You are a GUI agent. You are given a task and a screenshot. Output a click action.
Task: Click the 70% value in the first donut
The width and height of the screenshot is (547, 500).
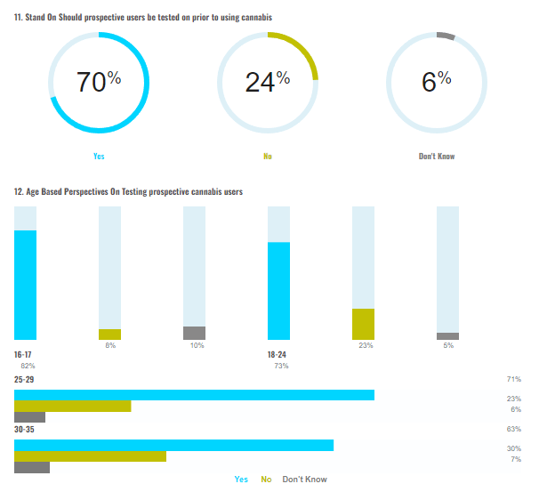(98, 82)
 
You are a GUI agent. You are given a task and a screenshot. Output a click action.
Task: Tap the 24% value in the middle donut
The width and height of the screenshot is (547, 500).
(267, 82)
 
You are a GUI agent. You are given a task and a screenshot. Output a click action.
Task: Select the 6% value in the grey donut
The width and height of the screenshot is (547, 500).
(436, 82)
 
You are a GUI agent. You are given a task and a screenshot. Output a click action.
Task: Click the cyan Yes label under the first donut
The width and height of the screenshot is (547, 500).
(99, 157)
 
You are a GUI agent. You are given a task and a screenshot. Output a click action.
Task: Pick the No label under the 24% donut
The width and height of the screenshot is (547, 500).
(267, 157)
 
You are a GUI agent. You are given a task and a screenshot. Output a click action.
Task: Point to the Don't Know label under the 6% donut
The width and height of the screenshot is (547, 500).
(437, 157)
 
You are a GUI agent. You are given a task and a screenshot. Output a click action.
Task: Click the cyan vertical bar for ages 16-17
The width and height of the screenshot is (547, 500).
(26, 285)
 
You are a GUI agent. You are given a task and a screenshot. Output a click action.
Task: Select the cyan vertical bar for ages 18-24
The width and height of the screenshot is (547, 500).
(279, 291)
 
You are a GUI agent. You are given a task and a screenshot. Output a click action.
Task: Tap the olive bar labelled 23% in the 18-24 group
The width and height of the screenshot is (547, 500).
(364, 324)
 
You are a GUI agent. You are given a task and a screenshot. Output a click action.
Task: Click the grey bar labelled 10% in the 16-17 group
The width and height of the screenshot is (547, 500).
(194, 333)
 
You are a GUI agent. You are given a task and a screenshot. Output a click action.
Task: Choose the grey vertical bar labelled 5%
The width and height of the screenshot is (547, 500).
(448, 336)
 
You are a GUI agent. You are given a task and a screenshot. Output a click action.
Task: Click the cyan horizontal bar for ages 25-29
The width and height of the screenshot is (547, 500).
(194, 395)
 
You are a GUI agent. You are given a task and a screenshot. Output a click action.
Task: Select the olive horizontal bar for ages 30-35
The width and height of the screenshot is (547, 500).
(90, 456)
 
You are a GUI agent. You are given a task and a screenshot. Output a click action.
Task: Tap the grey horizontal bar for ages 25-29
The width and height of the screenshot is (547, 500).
(29, 416)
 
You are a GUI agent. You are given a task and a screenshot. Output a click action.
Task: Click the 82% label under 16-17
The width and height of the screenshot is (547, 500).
(28, 366)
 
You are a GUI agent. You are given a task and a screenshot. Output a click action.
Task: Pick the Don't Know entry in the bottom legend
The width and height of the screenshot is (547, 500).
(304, 480)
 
